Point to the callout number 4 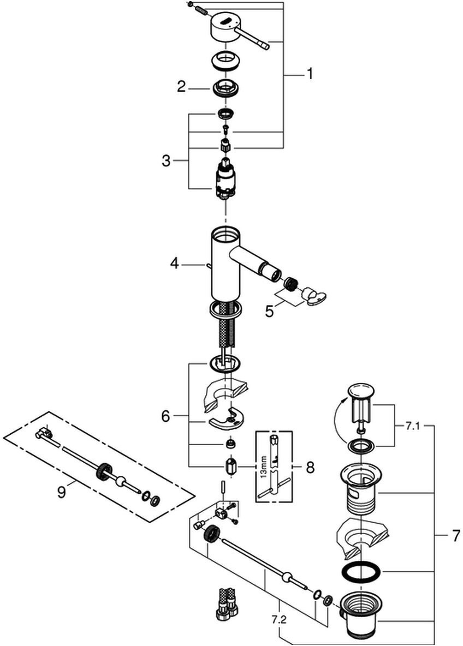[174, 264]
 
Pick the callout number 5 [269, 312]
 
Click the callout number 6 [166, 416]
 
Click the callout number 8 [310, 467]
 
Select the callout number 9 [61, 492]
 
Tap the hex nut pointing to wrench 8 [230, 468]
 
